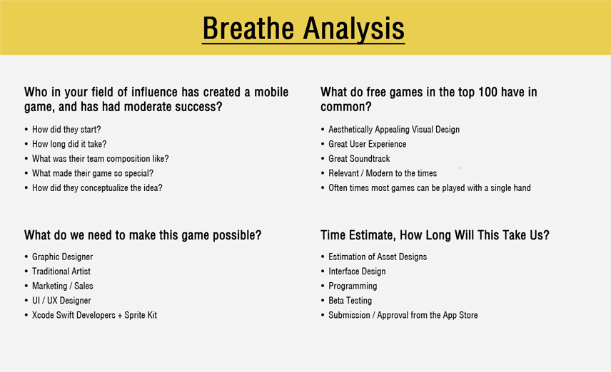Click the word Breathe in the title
coord(248,28)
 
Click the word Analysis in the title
coord(354,29)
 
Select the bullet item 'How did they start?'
coord(66,129)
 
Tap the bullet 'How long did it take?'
coord(69,144)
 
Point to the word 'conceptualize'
coord(104,188)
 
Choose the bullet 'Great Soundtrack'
coord(359,158)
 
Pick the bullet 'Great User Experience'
coord(367,144)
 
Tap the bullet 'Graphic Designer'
coord(62,257)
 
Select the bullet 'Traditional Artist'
coord(61,272)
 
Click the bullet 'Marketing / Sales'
coord(62,286)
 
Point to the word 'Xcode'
coord(43,315)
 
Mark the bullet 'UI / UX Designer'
coord(61,301)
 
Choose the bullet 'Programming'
coord(353,286)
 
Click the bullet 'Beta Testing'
coord(350,301)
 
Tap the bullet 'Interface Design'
coord(357,272)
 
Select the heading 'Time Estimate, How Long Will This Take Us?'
coord(435,235)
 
